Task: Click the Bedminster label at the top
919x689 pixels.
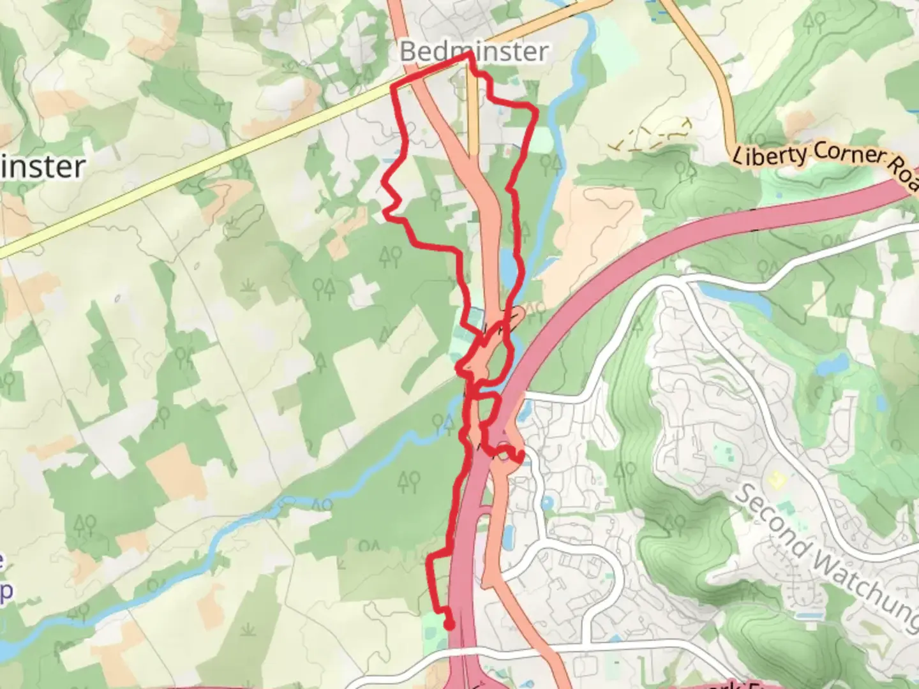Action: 474,51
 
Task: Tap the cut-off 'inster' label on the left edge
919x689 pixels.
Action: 42,167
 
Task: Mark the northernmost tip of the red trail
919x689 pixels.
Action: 470,56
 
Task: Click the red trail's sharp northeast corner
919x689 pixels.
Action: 536,111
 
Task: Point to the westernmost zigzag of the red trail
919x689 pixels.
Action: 384,184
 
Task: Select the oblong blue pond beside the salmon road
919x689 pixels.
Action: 509,538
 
